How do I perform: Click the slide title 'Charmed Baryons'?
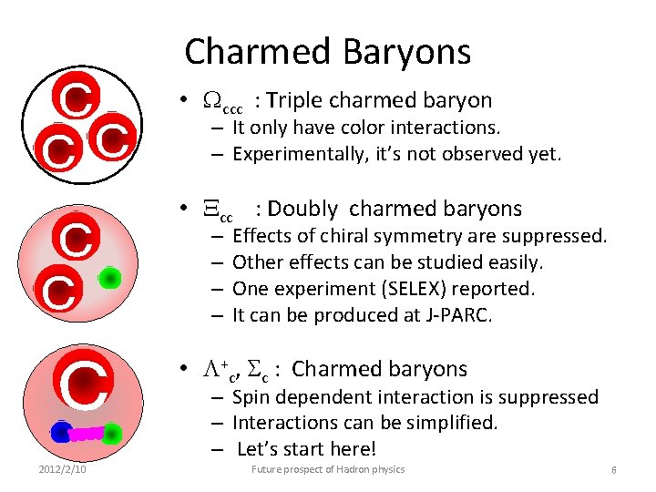click(328, 52)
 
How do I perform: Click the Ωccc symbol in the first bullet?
click(221, 102)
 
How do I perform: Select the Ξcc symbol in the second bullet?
click(219, 210)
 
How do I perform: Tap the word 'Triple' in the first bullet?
click(300, 101)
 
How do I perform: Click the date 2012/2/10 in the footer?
click(62, 469)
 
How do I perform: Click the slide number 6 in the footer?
click(614, 469)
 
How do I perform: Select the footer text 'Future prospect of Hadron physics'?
click(328, 469)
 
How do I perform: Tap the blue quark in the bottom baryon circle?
click(61, 432)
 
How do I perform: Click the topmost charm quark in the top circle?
click(75, 99)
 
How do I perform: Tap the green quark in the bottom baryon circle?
click(111, 434)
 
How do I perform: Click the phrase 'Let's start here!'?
click(306, 449)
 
